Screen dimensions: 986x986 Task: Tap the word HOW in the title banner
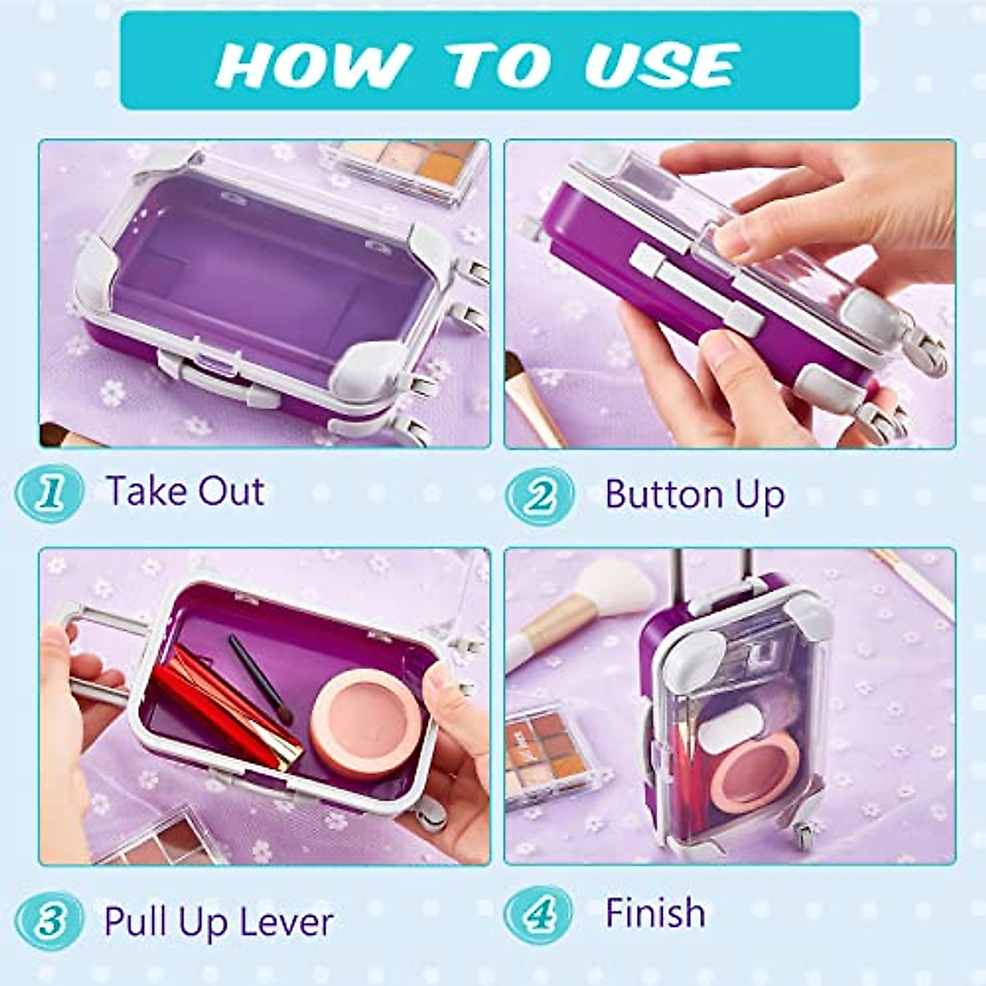311,64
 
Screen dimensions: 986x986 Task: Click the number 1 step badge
51,493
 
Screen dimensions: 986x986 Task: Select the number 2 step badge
539,496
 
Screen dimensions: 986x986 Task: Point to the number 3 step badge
51,921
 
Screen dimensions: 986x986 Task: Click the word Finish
655,913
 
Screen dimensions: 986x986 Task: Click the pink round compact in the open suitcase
362,720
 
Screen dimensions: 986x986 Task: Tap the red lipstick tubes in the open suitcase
222,707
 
